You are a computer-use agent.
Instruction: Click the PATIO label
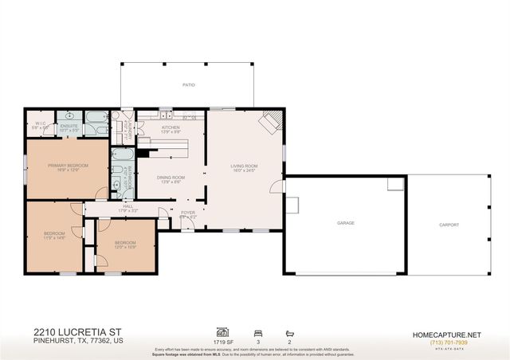[188, 84]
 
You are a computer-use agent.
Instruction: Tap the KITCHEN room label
[171, 127]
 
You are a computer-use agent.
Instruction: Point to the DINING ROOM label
[171, 178]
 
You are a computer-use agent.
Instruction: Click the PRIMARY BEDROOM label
[67, 166]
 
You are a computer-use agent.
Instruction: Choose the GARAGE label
[345, 223]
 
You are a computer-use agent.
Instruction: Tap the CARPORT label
[449, 225]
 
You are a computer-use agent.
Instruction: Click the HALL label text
[127, 205]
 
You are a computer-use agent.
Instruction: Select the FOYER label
[188, 213]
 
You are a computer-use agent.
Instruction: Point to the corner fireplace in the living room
[273, 119]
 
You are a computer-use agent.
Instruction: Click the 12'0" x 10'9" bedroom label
[125, 243]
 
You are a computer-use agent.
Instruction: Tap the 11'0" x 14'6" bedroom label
[54, 233]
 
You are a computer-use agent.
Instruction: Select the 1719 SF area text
[222, 340]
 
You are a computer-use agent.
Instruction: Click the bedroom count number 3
[257, 340]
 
